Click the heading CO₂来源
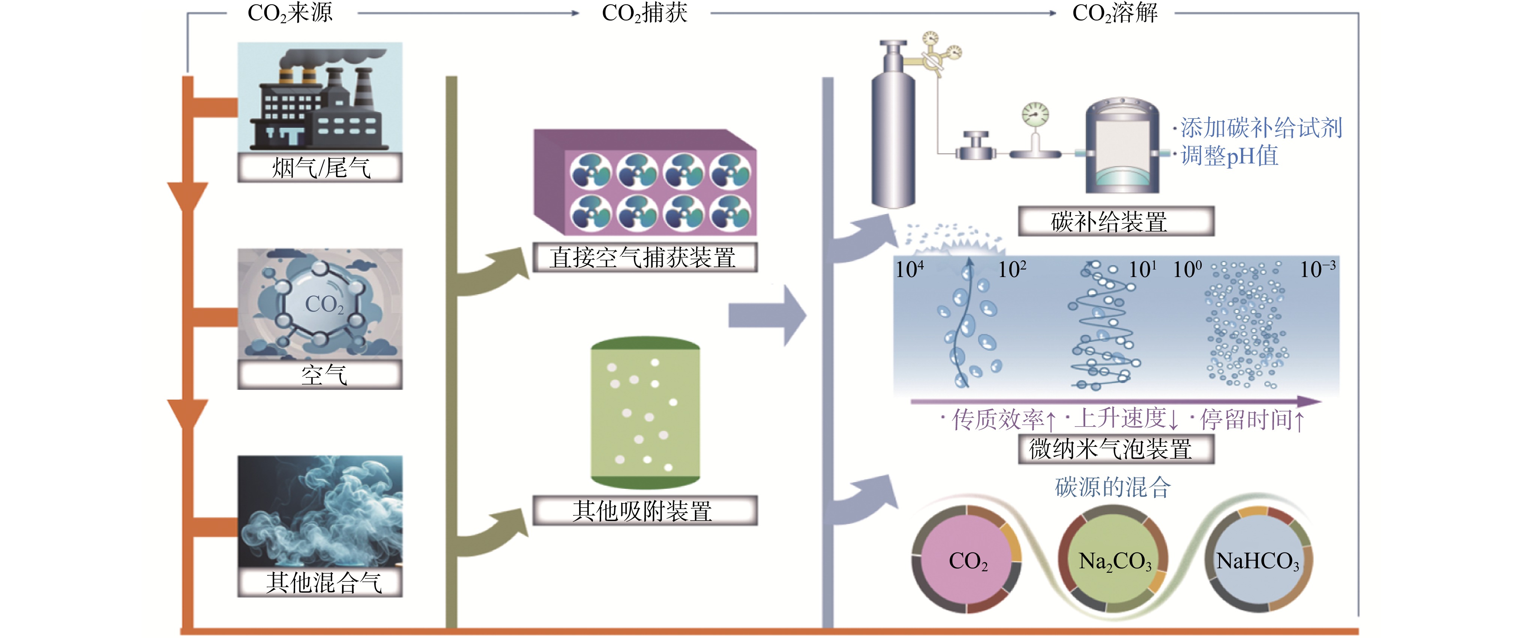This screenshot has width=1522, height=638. pyautogui.click(x=290, y=13)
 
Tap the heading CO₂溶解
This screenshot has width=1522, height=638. pyautogui.click(x=1114, y=13)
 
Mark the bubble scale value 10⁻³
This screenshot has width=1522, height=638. pyautogui.click(x=1317, y=270)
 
